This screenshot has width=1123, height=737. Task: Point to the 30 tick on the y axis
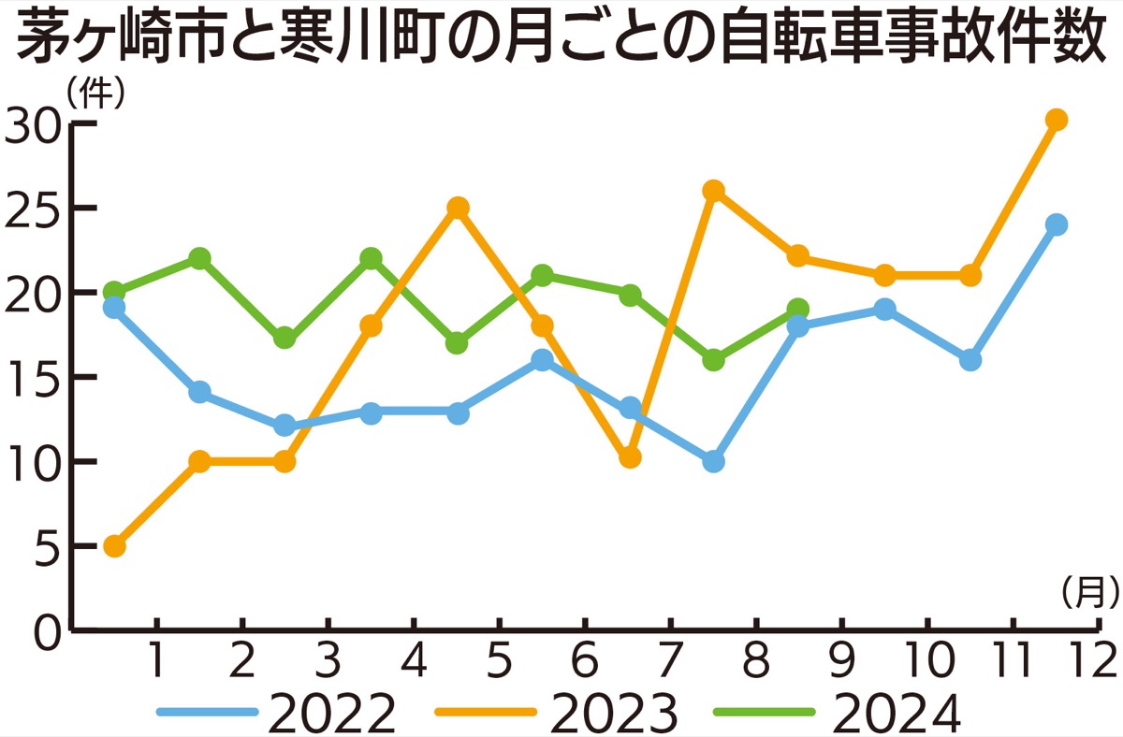pyautogui.click(x=34, y=123)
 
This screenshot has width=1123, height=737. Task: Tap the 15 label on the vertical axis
pyautogui.click(x=34, y=377)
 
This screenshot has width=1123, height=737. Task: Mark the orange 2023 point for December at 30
pyautogui.click(x=1057, y=120)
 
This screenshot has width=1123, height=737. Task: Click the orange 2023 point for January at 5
pyautogui.click(x=114, y=546)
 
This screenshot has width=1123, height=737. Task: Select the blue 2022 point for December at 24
pyautogui.click(x=1057, y=224)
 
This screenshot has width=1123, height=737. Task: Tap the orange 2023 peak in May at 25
pyautogui.click(x=458, y=208)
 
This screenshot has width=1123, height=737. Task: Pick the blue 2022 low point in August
pyautogui.click(x=713, y=461)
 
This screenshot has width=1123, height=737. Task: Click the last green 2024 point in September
pyautogui.click(x=797, y=309)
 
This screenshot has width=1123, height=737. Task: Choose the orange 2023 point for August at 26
pyautogui.click(x=713, y=191)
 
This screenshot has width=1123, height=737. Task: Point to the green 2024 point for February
pyautogui.click(x=199, y=258)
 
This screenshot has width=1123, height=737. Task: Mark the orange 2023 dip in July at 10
pyautogui.click(x=630, y=458)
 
